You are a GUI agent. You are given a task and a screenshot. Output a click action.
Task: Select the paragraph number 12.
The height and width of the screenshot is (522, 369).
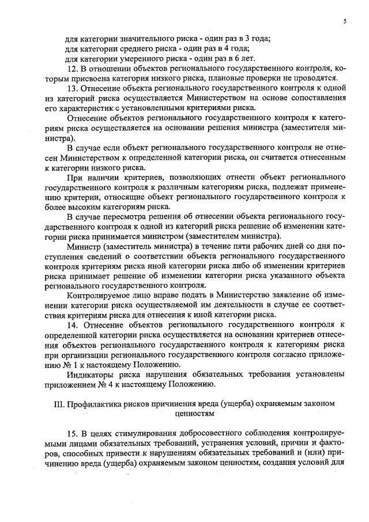pyautogui.click(x=71, y=69)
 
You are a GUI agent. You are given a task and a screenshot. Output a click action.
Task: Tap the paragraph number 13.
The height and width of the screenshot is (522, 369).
pyautogui.click(x=71, y=89)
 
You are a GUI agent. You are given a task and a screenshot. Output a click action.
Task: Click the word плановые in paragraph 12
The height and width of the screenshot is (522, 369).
pyautogui.click(x=238, y=78)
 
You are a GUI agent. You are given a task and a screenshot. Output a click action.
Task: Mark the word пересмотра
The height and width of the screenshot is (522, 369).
pyautogui.click(x=119, y=217)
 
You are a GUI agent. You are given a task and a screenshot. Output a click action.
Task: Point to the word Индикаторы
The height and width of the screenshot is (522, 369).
pyautogui.click(x=93, y=374)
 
